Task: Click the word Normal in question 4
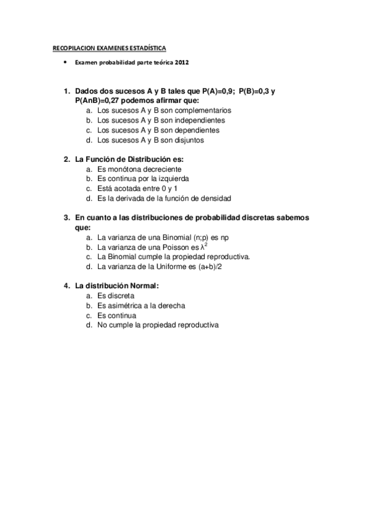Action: pyautogui.click(x=142, y=286)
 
